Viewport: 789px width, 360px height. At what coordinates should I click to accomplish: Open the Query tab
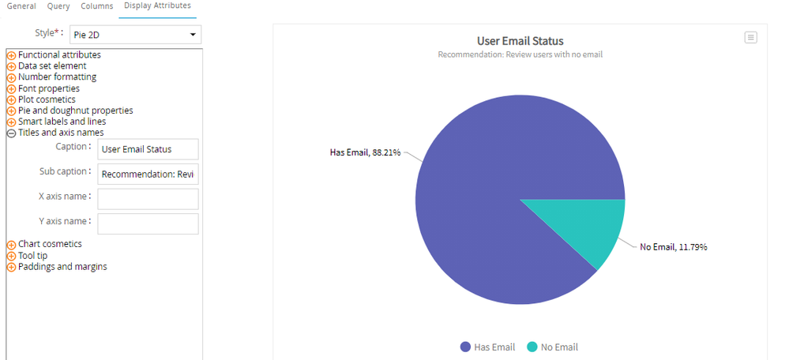[x=58, y=6]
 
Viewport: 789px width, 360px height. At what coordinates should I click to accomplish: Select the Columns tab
[x=96, y=6]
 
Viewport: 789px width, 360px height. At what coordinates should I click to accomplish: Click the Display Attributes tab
[x=157, y=6]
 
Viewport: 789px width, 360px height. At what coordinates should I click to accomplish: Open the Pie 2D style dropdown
[x=141, y=35]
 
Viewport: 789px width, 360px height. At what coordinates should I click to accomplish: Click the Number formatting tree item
[x=57, y=77]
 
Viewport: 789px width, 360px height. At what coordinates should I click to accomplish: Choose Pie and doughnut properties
[x=75, y=111]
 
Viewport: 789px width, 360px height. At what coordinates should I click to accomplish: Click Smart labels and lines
[x=62, y=122]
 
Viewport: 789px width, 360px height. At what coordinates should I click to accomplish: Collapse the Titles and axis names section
[x=11, y=133]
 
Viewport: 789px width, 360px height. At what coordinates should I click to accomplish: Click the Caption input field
[x=148, y=149]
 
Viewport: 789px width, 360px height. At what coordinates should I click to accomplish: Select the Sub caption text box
[x=148, y=174]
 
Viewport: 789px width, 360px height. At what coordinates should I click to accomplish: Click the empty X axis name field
[x=148, y=199]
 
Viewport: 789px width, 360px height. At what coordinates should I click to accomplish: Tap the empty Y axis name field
[x=148, y=224]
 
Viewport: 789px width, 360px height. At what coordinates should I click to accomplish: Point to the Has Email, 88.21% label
[x=364, y=152]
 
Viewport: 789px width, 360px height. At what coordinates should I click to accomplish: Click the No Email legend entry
[x=552, y=347]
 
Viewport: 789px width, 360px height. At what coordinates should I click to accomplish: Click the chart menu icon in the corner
[x=751, y=37]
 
